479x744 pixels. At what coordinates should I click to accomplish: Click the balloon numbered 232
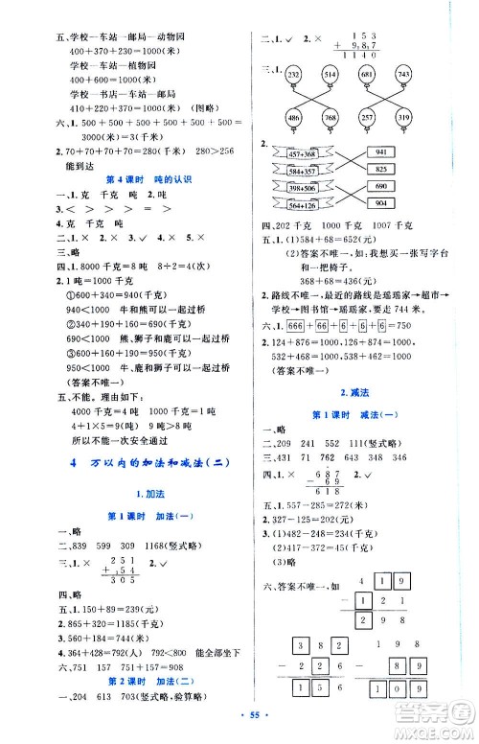click(x=294, y=77)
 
